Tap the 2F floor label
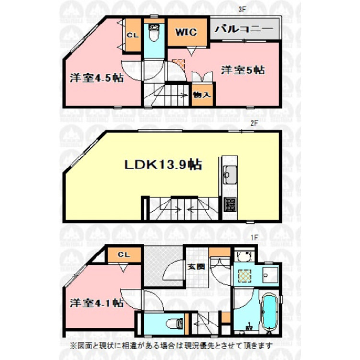pos(255,122)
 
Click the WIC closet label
pos(186,33)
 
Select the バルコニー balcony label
pos(244,29)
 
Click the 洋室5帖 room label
pos(243,70)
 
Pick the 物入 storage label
pos(202,95)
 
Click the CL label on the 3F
pos(133,35)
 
